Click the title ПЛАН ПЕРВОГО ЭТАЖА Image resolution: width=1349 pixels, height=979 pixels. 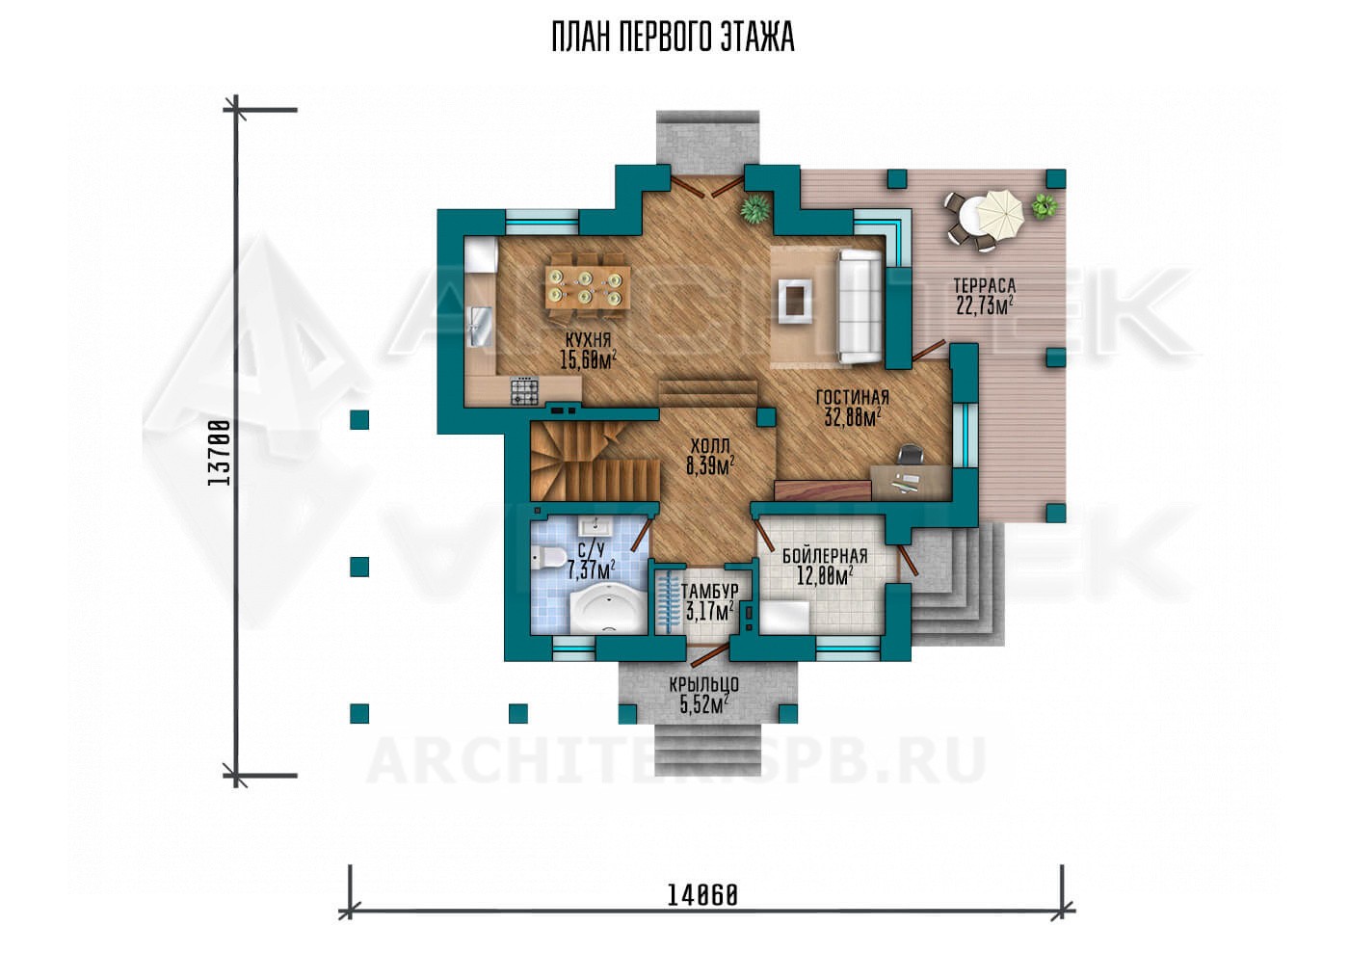coord(674,38)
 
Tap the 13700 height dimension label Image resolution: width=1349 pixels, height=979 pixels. coord(218,454)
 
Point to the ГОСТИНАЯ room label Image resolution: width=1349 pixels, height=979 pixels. coord(852,398)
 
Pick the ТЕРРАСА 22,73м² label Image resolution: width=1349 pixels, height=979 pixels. coord(985,296)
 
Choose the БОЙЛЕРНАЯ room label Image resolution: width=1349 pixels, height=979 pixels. coord(825,556)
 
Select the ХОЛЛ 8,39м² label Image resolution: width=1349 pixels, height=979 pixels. coord(710,456)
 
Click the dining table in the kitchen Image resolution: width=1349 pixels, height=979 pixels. coord(588,286)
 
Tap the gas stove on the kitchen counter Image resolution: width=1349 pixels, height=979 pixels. coord(524,391)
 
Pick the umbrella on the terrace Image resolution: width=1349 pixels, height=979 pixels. coord(999,214)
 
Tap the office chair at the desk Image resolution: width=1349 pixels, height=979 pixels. coord(911,454)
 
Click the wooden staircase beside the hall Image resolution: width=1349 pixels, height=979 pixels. coord(595,460)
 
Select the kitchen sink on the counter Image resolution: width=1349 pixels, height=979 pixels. coord(481,327)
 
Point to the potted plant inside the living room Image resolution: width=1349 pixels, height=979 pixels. coord(755,208)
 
